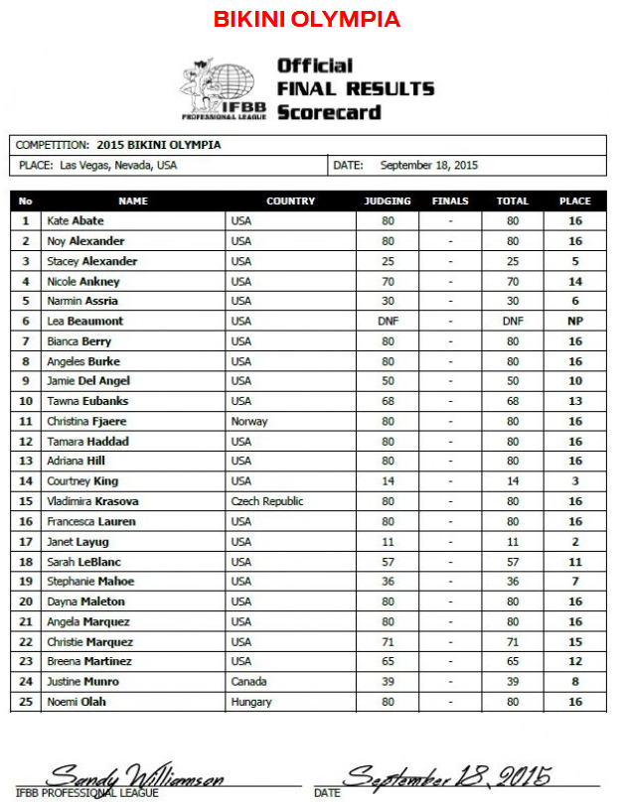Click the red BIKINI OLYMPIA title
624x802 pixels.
coord(307,20)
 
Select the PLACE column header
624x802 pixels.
coord(574,200)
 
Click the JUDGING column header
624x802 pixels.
coord(388,200)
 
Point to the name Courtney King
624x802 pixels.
coord(82,481)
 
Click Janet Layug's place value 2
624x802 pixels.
coord(574,542)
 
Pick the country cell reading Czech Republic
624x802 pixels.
coord(267,501)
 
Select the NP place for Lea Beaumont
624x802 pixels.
coord(574,321)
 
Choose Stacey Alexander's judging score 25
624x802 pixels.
coord(388,261)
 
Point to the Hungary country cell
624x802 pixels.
coord(251,702)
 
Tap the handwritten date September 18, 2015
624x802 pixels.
coord(447,774)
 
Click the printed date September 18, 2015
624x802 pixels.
coord(429,165)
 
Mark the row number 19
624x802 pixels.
coord(26,582)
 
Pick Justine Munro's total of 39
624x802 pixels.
coord(513,682)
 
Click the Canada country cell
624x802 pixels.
coord(249,682)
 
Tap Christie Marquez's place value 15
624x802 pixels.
coord(574,641)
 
